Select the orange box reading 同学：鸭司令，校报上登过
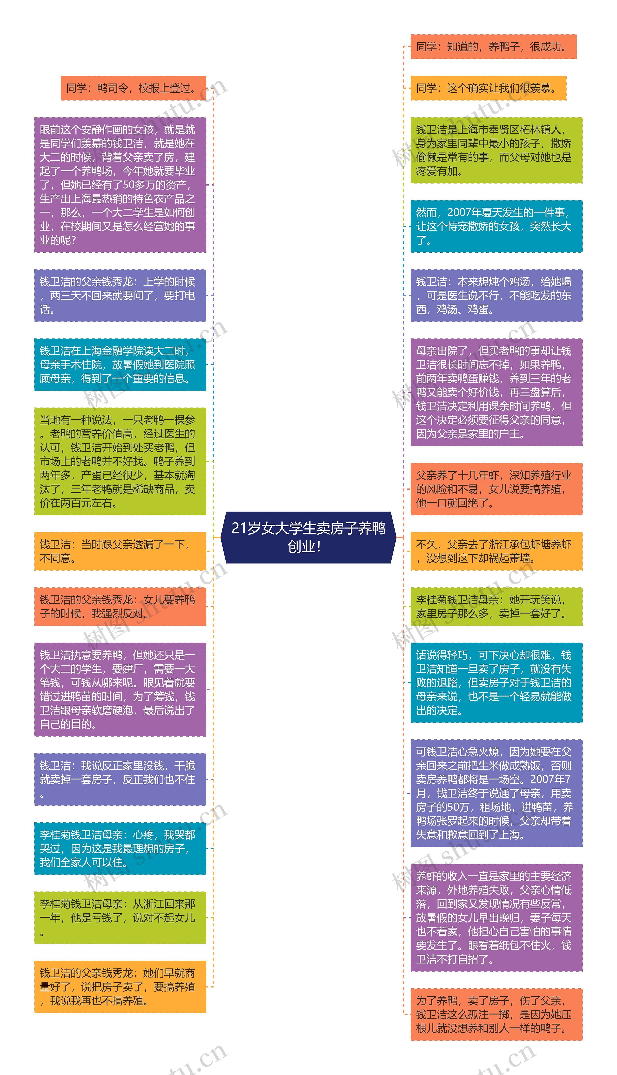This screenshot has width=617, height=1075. tap(133, 88)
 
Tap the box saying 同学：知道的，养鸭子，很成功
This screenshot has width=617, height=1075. tap(493, 47)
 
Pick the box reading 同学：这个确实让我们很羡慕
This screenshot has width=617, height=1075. tap(488, 88)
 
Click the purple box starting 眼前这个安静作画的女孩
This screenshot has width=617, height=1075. tap(120, 185)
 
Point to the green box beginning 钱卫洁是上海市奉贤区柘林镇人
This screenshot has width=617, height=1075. tap(496, 151)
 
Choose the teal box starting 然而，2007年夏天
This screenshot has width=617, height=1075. tap(496, 227)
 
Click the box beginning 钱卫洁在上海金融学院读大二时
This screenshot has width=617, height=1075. tap(120, 365)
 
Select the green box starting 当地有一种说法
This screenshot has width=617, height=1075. tap(120, 461)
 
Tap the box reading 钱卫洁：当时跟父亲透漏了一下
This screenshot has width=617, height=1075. tap(120, 551)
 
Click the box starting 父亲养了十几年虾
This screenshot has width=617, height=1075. tap(496, 489)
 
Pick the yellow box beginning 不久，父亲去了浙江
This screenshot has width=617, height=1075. tap(496, 551)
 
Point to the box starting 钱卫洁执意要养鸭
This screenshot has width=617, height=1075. tap(120, 689)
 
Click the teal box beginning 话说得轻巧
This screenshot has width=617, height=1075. tap(496, 683)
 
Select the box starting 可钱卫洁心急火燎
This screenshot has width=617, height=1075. tap(496, 793)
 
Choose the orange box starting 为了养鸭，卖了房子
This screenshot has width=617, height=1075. tap(496, 1014)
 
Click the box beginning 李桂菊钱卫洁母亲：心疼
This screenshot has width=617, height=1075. tap(120, 848)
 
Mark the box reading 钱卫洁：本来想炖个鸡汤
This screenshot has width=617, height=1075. tap(496, 296)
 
